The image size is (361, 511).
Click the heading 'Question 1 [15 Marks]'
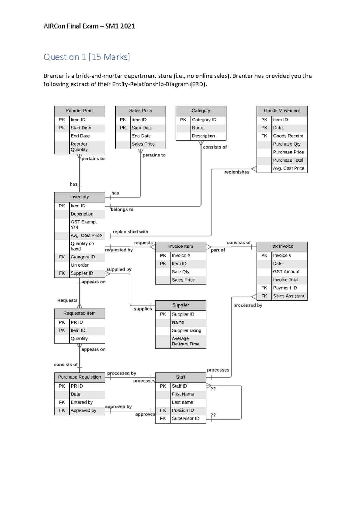coord(87,57)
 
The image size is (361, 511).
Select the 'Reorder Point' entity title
coord(79,110)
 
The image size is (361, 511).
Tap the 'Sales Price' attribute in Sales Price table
coord(143,144)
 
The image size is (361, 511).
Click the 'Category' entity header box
coord(201,110)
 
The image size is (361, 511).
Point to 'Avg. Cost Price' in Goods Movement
coord(288,169)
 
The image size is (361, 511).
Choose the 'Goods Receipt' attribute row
coord(288,136)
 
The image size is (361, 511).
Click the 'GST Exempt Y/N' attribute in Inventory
coord(84,225)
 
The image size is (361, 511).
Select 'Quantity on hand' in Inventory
coord(82,246)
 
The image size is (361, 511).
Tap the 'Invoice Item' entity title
coord(180,246)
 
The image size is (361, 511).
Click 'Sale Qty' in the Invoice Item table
coord(180,272)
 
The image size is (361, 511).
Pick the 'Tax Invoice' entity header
coord(282,246)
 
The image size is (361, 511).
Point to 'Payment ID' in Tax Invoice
coord(285,288)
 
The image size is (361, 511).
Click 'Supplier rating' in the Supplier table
coord(187,330)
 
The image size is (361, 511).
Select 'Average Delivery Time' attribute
coord(186,341)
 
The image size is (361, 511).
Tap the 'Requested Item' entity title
coord(79,313)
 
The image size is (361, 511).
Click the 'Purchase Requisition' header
coord(79,377)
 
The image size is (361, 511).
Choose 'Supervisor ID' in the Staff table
coord(186,419)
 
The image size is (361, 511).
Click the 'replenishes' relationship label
coord(237,172)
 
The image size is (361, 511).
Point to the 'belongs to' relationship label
coord(122,209)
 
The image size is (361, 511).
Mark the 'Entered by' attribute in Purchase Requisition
coord(82,402)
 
